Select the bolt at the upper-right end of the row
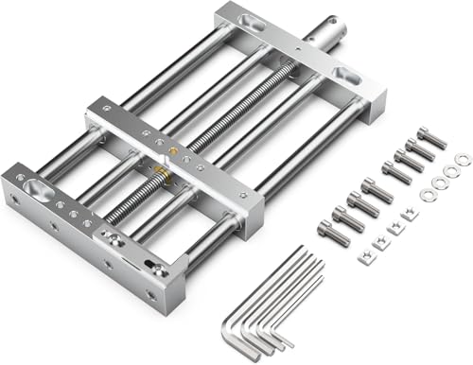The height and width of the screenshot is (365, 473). [430, 138]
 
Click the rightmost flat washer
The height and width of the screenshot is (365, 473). [461, 159]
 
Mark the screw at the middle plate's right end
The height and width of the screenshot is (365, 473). [242, 195]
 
